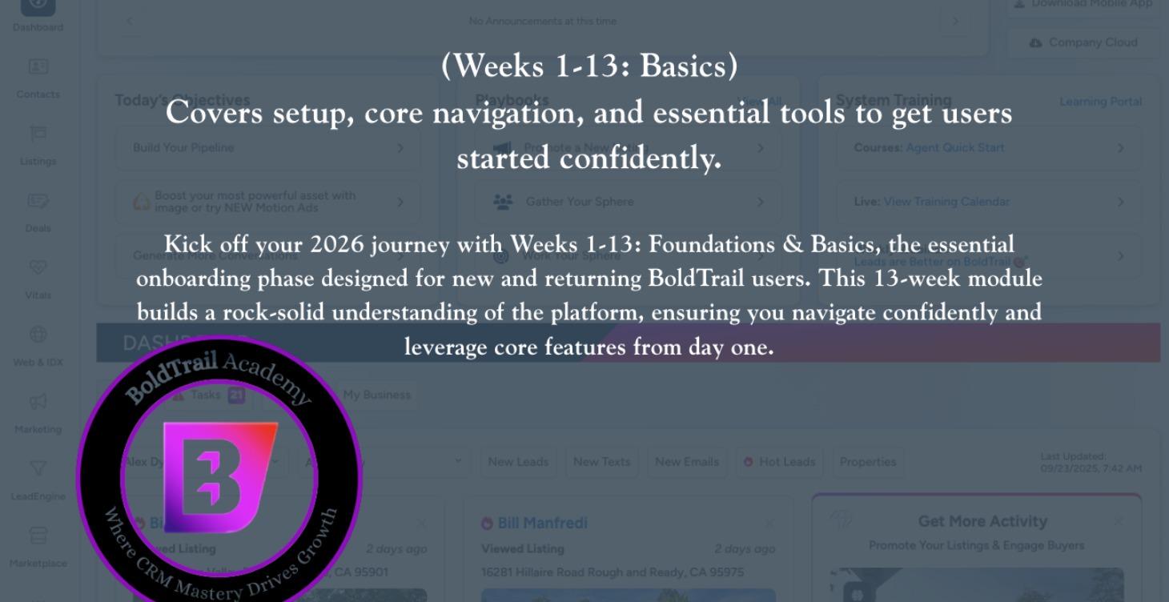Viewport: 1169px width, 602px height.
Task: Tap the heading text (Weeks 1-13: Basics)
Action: pyautogui.click(x=589, y=66)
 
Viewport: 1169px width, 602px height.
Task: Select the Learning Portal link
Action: pyautogui.click(x=1100, y=102)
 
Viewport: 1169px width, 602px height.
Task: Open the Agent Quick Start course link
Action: pyautogui.click(x=954, y=148)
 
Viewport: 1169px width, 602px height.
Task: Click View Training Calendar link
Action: pyautogui.click(x=946, y=202)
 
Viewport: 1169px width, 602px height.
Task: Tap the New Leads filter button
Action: pyautogui.click(x=518, y=462)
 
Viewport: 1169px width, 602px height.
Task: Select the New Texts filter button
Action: pyautogui.click(x=601, y=462)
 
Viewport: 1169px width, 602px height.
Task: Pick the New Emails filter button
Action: pyautogui.click(x=686, y=462)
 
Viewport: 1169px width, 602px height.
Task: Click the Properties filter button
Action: pyautogui.click(x=867, y=462)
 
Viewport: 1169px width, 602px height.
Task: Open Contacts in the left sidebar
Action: pyautogui.click(x=38, y=78)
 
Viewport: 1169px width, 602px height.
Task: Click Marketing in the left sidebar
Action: pyautogui.click(x=38, y=412)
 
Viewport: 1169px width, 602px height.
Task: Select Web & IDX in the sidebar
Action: pyautogui.click(x=38, y=345)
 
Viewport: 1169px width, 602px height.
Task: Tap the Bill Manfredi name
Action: pyautogui.click(x=542, y=524)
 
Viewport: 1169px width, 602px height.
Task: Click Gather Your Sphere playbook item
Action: pyautogui.click(x=579, y=202)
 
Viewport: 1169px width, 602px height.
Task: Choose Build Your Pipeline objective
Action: pyautogui.click(x=183, y=148)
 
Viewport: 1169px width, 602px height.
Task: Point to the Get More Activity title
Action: pyautogui.click(x=982, y=521)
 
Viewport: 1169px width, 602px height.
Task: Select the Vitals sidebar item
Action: pyautogui.click(x=38, y=279)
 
